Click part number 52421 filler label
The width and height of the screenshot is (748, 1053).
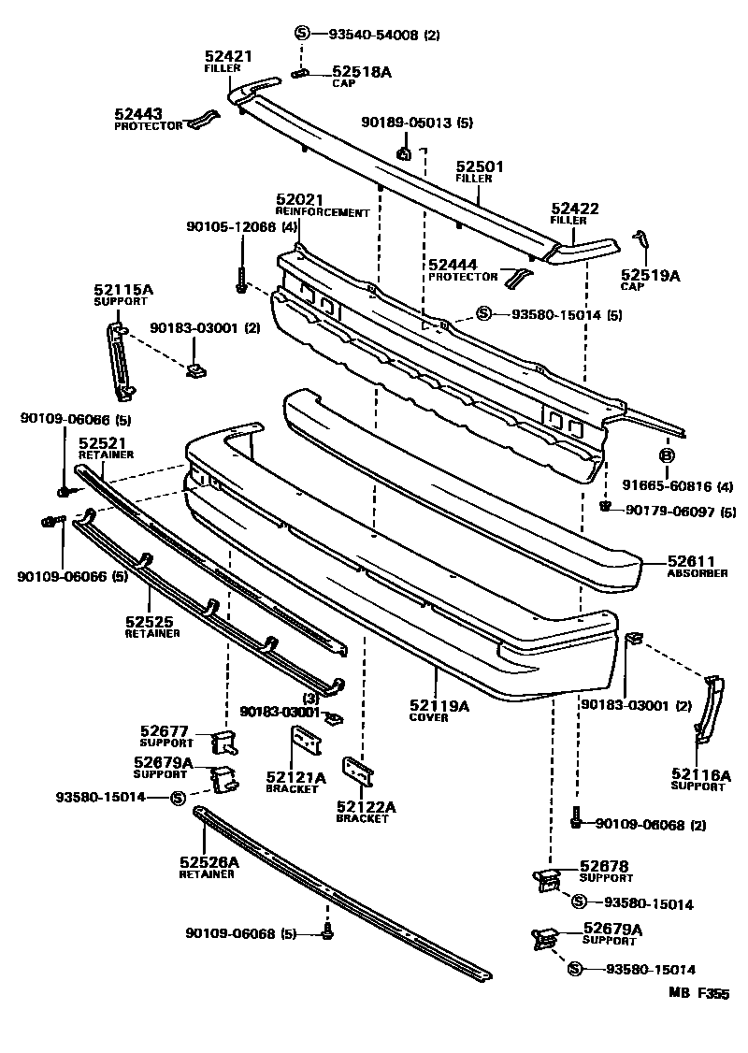[x=228, y=57]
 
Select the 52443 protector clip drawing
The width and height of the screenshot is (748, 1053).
[x=204, y=122]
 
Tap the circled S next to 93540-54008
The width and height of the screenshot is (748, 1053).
[x=302, y=35]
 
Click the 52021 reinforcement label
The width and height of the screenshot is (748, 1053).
[x=298, y=200]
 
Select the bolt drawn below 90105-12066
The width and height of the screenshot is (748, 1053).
[x=241, y=278]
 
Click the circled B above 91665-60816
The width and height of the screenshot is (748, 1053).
[x=667, y=455]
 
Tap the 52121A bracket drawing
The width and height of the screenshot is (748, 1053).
[x=302, y=747]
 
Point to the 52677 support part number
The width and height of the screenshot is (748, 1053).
[x=165, y=731]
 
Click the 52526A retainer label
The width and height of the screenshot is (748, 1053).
[x=209, y=862]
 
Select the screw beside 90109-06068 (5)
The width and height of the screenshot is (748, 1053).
[x=327, y=931]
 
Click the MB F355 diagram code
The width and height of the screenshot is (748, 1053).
[x=698, y=995]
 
